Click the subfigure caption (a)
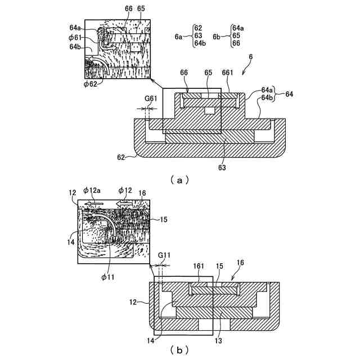tap(179, 181)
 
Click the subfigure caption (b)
tap(179, 350)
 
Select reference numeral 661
tap(228, 73)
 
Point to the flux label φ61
tap(76, 37)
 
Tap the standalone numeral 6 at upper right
tap(250, 57)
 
